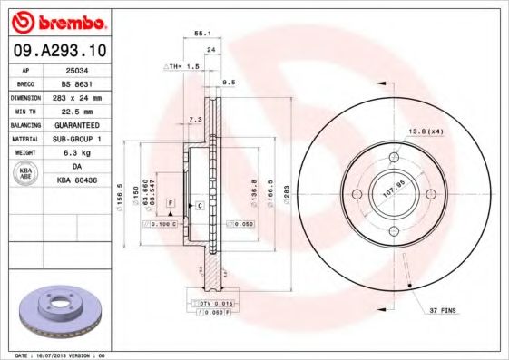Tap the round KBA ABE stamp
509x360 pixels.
pyautogui.click(x=26, y=174)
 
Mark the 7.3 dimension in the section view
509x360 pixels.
pyautogui.click(x=194, y=120)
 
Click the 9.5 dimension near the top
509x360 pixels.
pyautogui.click(x=229, y=83)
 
